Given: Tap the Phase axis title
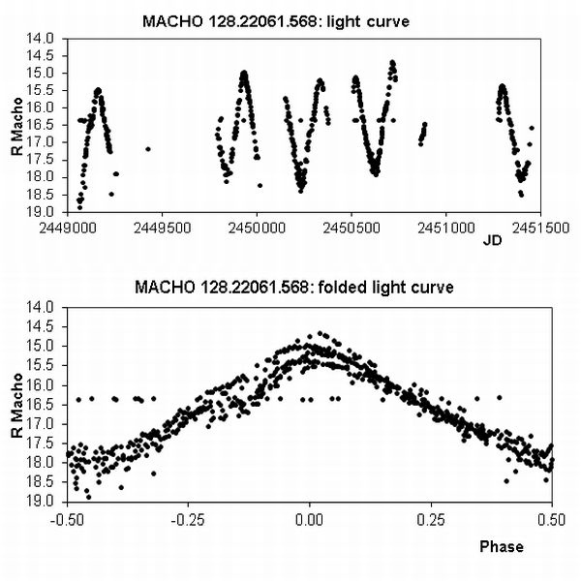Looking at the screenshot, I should click(502, 546).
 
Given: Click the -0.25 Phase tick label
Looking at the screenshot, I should click(188, 517).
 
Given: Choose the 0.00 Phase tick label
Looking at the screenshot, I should click(310, 517).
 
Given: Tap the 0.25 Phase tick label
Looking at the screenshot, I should click(431, 517).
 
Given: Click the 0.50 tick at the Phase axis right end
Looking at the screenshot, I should click(551, 517).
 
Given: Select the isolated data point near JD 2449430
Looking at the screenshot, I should click(147, 148).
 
